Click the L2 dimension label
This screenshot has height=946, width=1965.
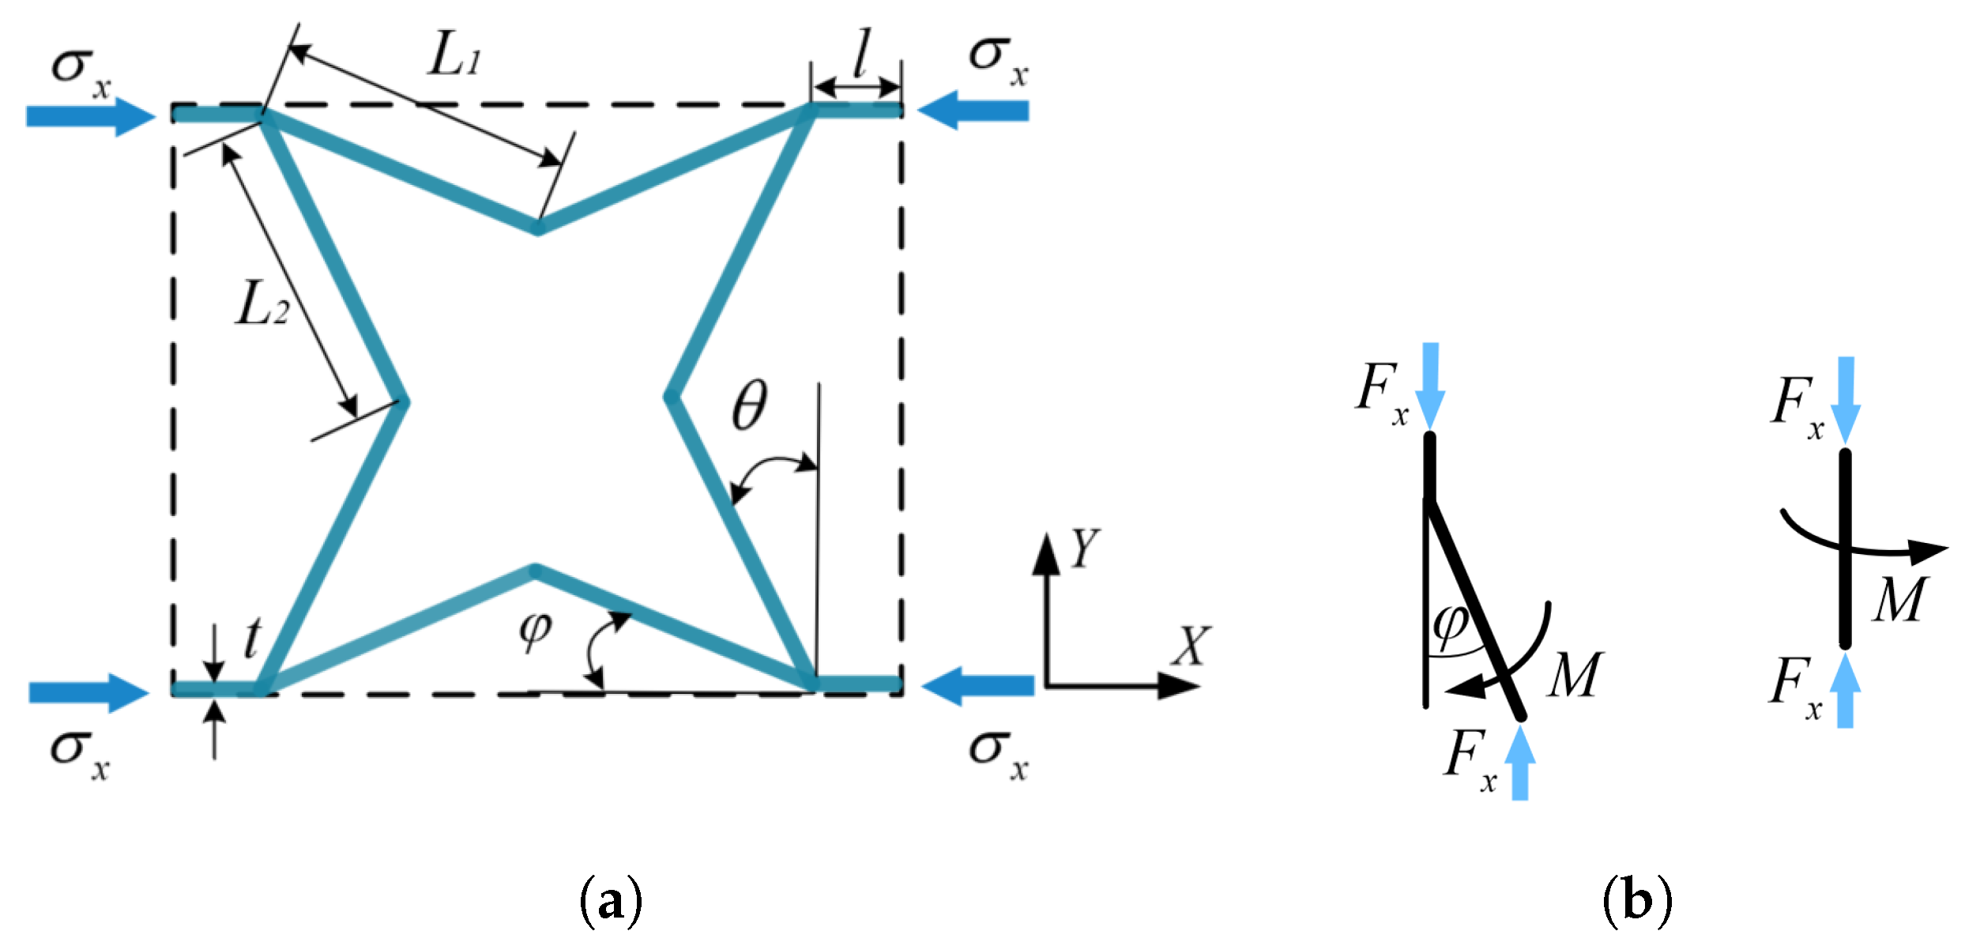pos(262,305)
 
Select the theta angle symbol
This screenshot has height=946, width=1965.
pos(749,405)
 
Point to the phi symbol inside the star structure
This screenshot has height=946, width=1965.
pos(536,631)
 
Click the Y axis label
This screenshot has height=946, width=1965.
pos(1084,548)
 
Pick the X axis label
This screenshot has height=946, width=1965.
pos(1191,646)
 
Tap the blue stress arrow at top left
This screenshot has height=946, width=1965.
pos(90,116)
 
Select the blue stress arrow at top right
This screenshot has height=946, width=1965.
pos(973,111)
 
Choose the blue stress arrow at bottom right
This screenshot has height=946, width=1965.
pos(977,686)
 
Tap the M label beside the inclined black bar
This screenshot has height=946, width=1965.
pos(1574,676)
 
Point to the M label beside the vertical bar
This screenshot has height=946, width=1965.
pos(1900,601)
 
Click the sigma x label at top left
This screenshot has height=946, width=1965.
pos(81,71)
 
